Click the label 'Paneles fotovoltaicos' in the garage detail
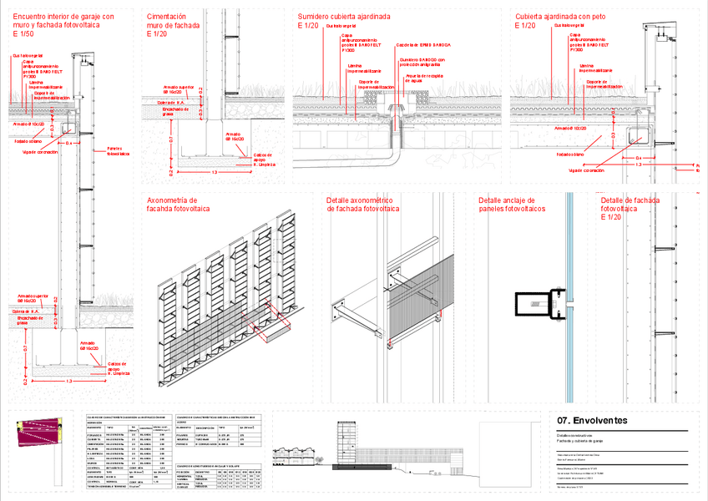pyautogui.click(x=119, y=151)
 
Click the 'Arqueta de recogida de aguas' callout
pyautogui.click(x=423, y=78)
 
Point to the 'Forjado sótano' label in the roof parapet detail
pyautogui.click(x=572, y=154)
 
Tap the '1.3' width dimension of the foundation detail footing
pyautogui.click(x=215, y=172)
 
